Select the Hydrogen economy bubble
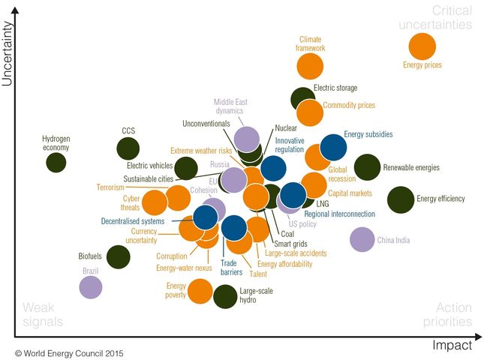(56, 161)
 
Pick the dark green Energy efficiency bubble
(401, 199)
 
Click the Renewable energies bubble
(367, 167)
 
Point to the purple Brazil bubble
(91, 286)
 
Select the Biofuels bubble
(118, 256)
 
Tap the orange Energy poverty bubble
(200, 291)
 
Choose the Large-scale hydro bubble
(224, 296)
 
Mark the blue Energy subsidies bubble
(332, 148)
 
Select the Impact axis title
(452, 346)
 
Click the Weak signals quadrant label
(43, 314)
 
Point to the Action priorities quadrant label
(453, 314)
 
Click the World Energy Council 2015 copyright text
(69, 352)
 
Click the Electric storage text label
(335, 88)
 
